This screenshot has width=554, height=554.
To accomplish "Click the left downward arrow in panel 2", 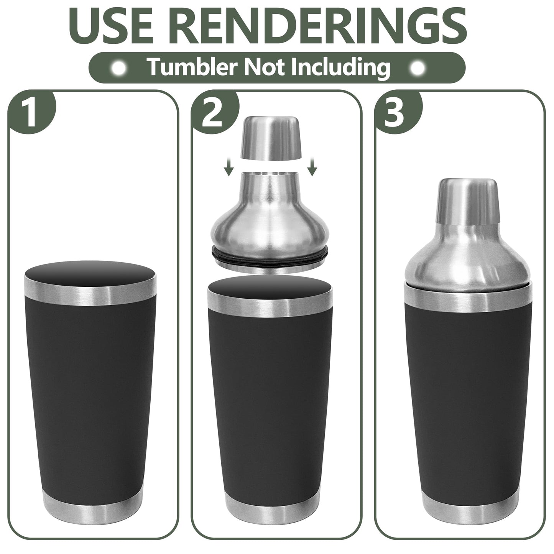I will pos(229,168).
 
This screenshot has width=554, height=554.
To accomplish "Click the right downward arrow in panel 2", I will pos(313,168).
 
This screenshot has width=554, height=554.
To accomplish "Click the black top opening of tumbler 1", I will pos(90,273).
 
